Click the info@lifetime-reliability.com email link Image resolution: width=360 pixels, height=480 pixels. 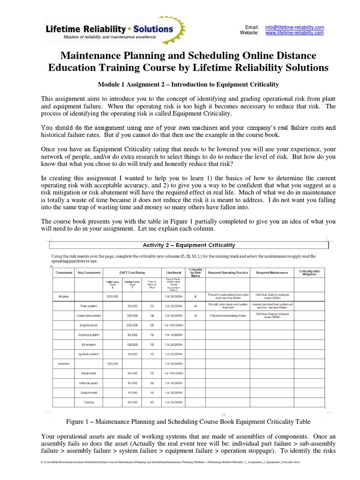[x=294, y=28]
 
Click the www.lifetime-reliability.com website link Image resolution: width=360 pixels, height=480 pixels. [x=294, y=33]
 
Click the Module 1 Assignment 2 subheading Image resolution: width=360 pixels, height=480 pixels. [x=188, y=84]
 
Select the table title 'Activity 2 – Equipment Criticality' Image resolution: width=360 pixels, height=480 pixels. [x=188, y=245]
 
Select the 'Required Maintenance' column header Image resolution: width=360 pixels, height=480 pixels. [x=272, y=272]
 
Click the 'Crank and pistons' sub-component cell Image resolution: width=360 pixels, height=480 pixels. [x=89, y=315]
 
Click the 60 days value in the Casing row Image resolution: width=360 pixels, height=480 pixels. [x=151, y=402]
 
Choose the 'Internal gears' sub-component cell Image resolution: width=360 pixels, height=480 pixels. [x=89, y=382]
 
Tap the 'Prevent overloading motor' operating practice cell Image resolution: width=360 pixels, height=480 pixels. [x=228, y=315]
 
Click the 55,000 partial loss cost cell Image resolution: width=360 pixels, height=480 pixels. [x=132, y=382]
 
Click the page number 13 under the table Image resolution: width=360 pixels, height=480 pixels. [x=224, y=414]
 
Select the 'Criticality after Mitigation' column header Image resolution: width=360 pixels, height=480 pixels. [x=309, y=272]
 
